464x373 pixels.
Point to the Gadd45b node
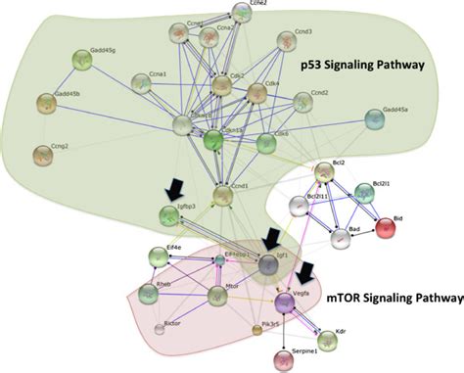pos(47,102)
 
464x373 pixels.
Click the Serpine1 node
pos(285,355)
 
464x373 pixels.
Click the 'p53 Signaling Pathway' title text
pos(361,63)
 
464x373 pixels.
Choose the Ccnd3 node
pos(275,42)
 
